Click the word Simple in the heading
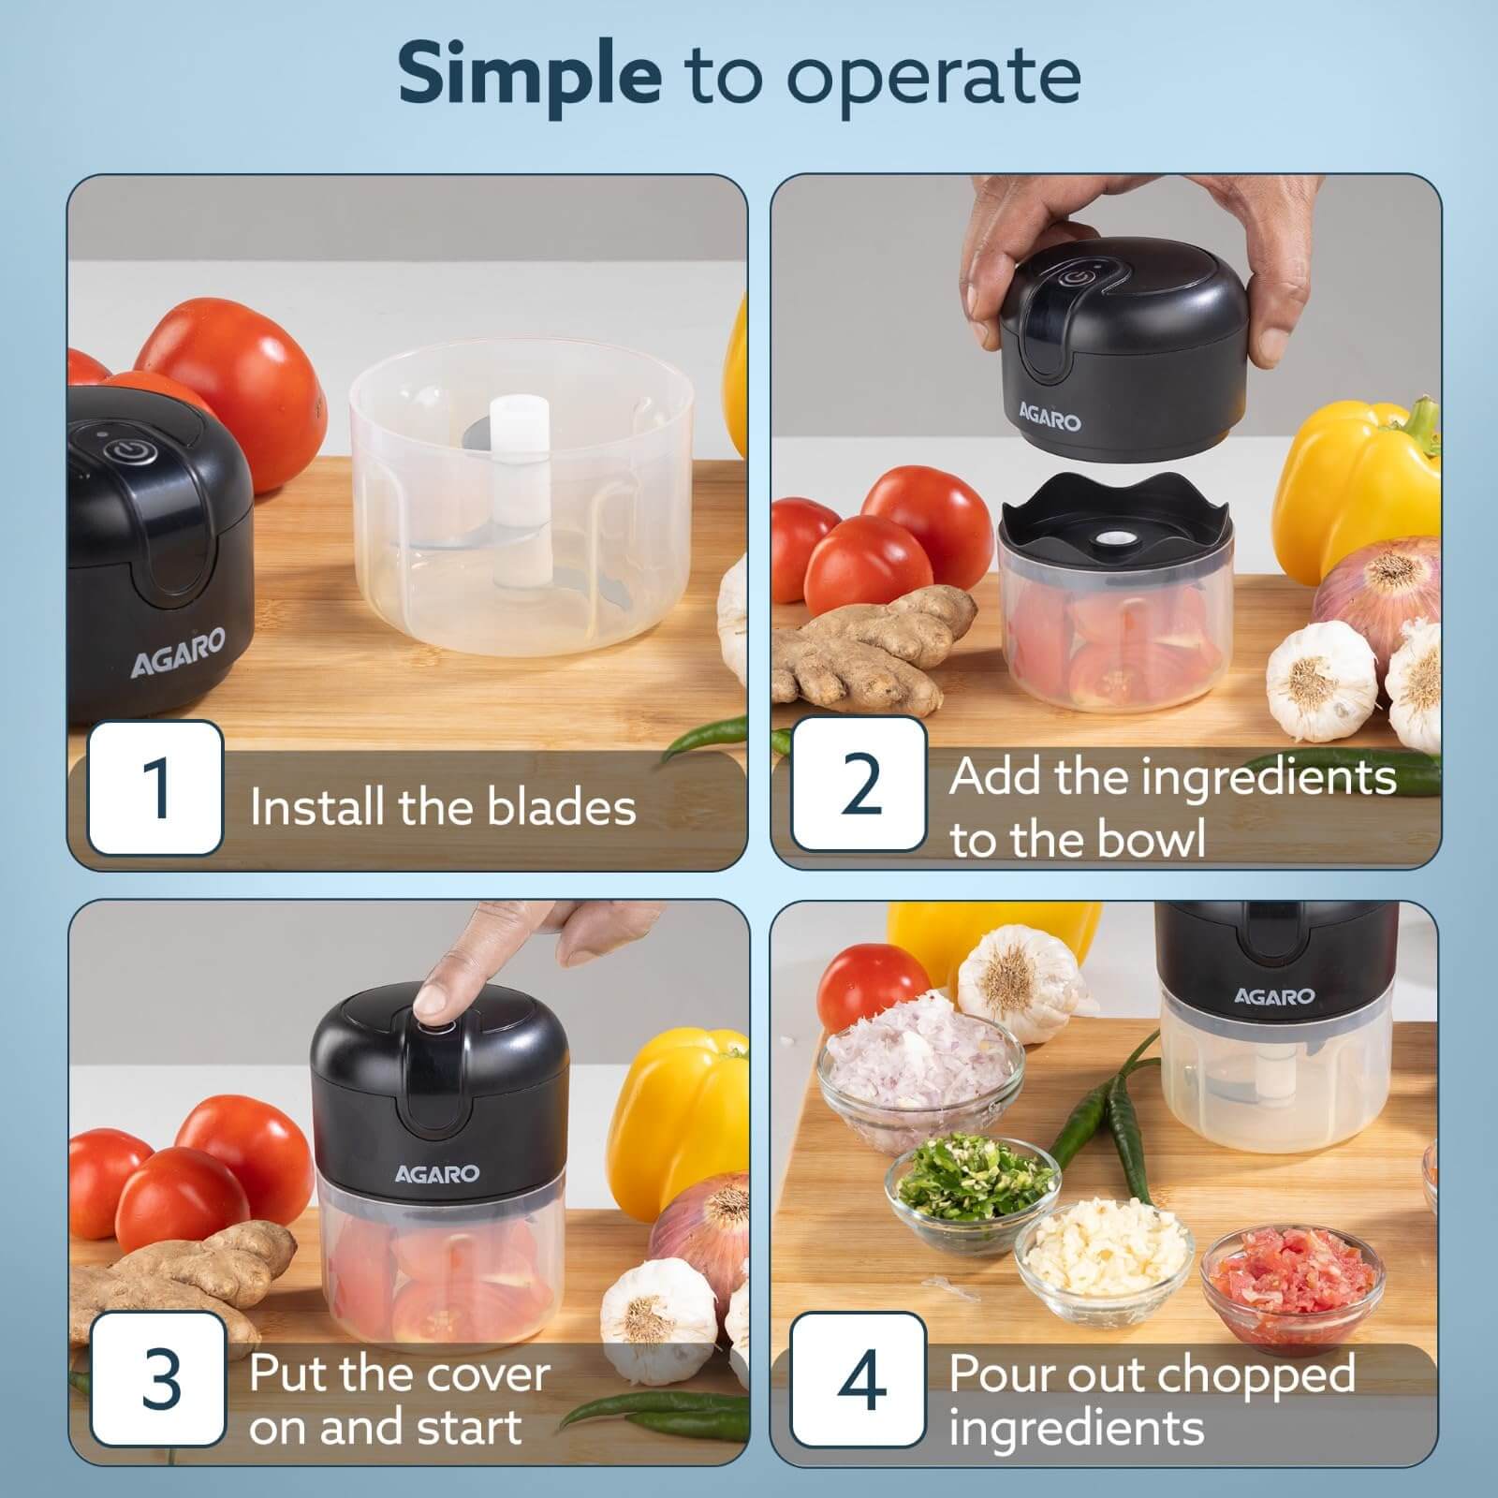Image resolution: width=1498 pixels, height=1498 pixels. coord(530,77)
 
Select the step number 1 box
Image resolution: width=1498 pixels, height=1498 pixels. coord(155,787)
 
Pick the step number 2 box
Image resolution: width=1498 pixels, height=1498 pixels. coord(859,784)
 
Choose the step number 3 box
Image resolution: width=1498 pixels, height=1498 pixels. coord(159,1379)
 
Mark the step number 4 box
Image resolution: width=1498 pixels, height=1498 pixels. coord(859,1379)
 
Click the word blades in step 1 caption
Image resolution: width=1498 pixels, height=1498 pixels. coord(562,807)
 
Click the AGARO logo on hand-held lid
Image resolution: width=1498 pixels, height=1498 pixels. coord(1050,418)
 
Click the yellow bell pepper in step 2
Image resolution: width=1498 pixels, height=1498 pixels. coord(1358,487)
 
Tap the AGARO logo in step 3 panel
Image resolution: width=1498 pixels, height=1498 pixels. coord(436,1173)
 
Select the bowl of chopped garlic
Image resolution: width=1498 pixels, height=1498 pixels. coord(1105,1259)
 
